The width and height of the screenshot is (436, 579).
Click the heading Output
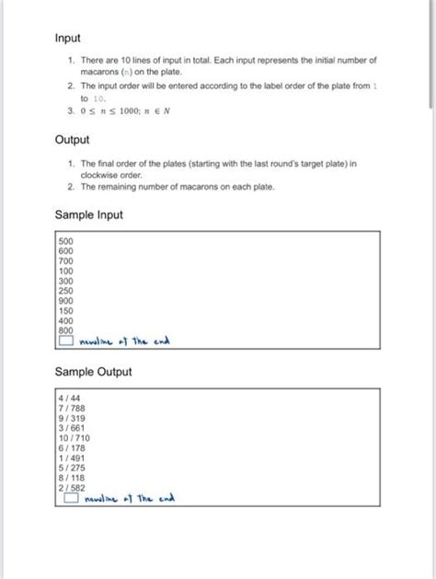point(73,140)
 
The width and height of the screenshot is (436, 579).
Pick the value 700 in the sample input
point(65,261)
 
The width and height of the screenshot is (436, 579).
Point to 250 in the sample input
point(65,291)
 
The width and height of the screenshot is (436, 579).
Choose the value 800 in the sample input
point(65,330)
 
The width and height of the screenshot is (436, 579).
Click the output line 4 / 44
point(70,397)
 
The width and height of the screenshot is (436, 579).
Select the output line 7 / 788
point(73,407)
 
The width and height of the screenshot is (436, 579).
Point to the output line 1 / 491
point(73,457)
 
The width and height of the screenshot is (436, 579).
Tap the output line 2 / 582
point(73,488)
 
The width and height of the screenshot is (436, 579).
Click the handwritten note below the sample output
point(129,500)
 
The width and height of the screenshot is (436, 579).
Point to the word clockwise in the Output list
point(100,173)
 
